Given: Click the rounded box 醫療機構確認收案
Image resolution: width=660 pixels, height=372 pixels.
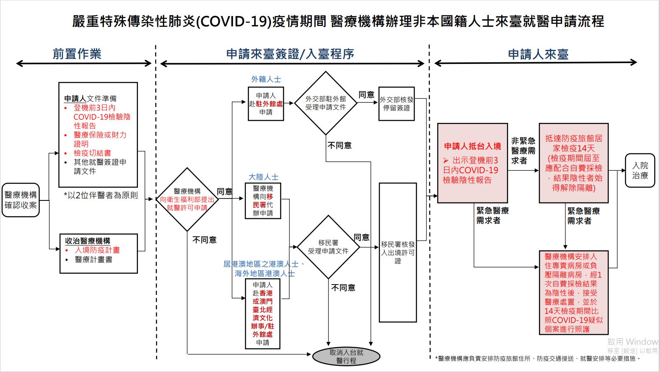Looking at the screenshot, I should (x=21, y=200).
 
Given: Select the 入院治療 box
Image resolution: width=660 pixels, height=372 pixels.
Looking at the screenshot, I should (x=640, y=170).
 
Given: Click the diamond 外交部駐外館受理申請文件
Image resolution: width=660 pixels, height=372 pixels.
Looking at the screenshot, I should (x=326, y=103).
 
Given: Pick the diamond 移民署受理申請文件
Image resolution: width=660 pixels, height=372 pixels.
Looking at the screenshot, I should (x=328, y=247).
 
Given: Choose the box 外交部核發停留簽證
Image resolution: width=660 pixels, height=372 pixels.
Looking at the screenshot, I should (x=396, y=104).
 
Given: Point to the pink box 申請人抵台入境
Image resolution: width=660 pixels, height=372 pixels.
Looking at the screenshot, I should (x=472, y=163).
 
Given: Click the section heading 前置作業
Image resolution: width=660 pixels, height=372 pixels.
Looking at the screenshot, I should (x=77, y=54).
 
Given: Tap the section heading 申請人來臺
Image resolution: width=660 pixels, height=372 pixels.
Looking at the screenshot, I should (x=538, y=54).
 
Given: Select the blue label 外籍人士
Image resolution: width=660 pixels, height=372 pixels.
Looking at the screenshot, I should (x=266, y=79).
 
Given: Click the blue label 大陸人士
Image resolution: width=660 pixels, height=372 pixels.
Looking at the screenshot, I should (x=264, y=177).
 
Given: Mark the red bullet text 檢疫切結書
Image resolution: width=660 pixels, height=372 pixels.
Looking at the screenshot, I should (x=92, y=153).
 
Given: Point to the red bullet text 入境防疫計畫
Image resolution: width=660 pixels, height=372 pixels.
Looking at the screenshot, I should (x=97, y=250).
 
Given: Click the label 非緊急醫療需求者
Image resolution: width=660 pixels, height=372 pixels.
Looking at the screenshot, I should (x=523, y=151).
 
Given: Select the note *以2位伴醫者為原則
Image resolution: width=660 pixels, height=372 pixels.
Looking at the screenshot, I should (x=101, y=195).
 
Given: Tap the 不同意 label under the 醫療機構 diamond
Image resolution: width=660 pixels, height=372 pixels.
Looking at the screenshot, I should (x=204, y=240).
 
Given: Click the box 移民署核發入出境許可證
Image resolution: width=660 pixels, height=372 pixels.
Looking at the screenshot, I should (x=398, y=252).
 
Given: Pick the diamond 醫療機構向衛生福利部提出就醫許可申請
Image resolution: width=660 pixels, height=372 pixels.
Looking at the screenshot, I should (x=187, y=200).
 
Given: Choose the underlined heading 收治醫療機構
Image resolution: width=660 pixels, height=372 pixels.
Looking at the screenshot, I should (x=88, y=241).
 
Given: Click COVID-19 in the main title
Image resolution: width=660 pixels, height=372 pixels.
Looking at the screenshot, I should (x=234, y=21).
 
